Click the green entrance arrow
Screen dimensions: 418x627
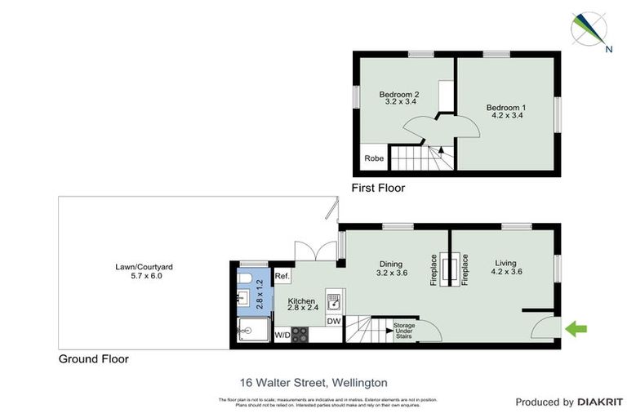(576, 329)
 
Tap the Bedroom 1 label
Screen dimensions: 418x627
(506, 108)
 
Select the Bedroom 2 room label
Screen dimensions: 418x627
(399, 95)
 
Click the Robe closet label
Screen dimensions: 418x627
(374, 158)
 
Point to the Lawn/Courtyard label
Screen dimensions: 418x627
(144, 266)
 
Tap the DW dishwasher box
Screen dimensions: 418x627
(333, 322)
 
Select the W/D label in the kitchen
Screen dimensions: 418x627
(282, 335)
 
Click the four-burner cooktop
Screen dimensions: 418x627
(300, 334)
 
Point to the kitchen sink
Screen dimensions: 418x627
(333, 301)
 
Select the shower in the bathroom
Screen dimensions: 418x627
(247, 331)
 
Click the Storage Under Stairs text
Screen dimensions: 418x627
(404, 331)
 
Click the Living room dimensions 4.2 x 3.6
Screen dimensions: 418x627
(506, 273)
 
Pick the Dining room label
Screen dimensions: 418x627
(393, 263)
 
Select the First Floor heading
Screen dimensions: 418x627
(377, 188)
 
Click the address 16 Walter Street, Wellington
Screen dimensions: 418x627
(313, 381)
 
